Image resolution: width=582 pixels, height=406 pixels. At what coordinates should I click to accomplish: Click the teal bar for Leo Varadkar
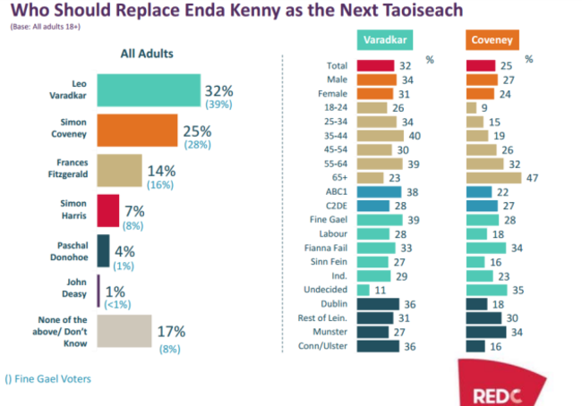pos(148,90)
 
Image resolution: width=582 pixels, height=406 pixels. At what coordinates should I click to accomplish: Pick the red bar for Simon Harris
pos(107,211)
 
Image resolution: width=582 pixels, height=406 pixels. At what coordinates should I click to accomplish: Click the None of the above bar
pos(124,331)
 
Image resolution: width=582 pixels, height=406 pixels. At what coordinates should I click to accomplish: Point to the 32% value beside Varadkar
pos(220,91)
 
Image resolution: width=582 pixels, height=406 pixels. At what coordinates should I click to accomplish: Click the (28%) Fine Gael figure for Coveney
pos(198,144)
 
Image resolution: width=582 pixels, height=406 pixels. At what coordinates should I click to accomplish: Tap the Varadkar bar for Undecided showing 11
pos(363,290)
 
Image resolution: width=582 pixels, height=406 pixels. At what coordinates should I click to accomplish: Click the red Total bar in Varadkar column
pos(375,65)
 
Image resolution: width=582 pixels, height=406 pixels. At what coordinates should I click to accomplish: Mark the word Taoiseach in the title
pos(398,13)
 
